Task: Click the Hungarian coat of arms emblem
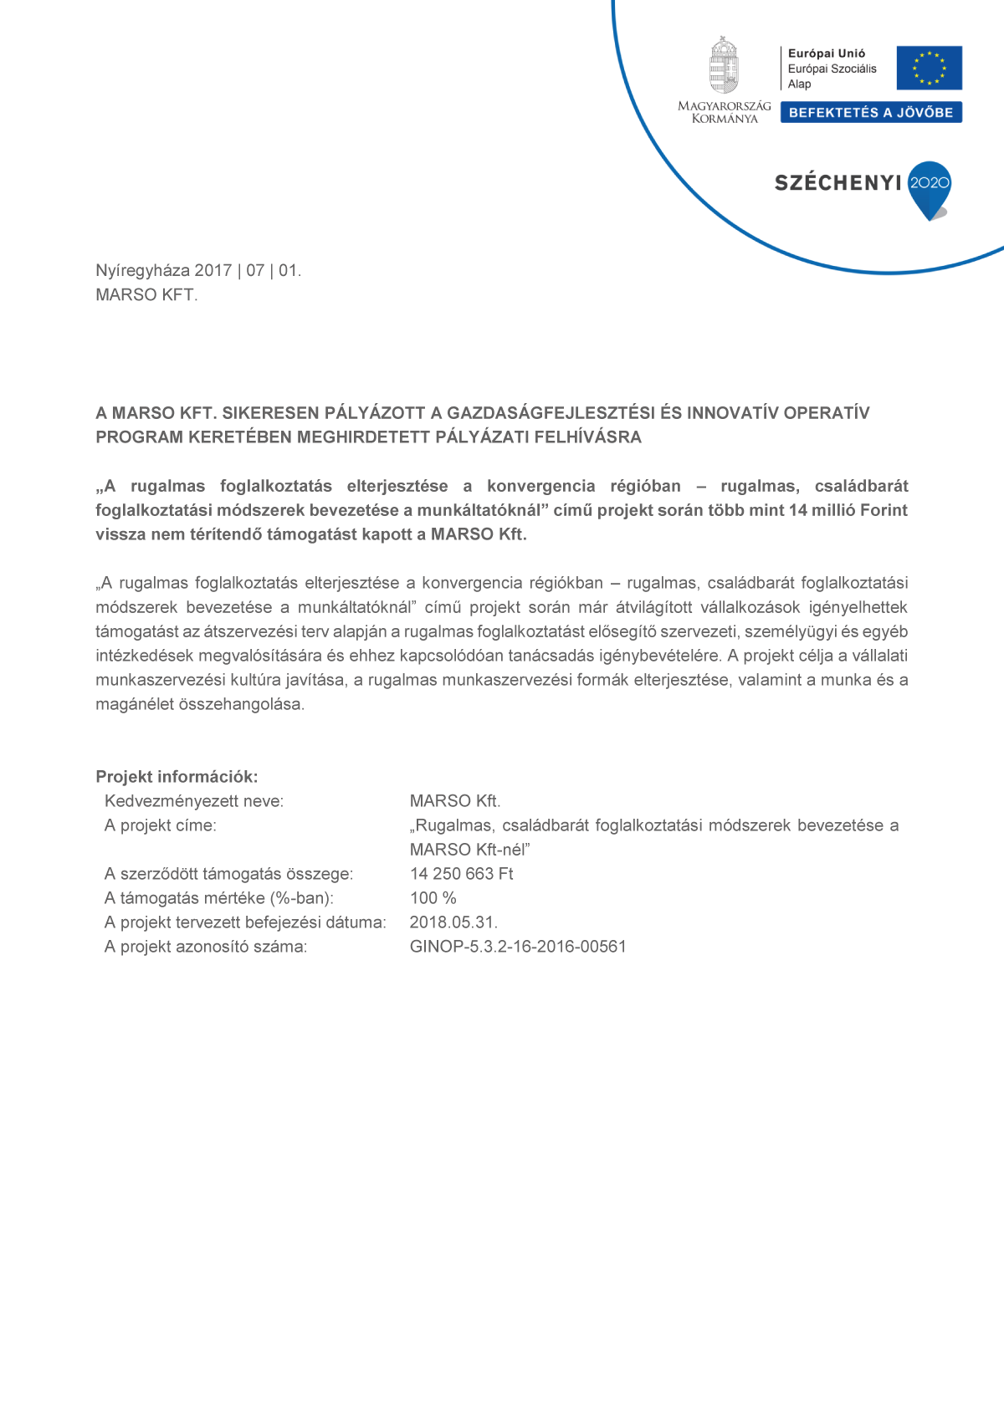(x=724, y=65)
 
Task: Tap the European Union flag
(x=929, y=68)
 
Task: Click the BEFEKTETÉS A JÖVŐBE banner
(x=871, y=113)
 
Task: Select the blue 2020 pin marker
(x=930, y=188)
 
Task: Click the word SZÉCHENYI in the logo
(x=838, y=183)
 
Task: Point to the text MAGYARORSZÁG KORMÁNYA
(x=725, y=112)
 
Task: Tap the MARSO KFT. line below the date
(x=146, y=295)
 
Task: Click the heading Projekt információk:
(x=177, y=777)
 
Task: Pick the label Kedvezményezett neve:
(x=194, y=801)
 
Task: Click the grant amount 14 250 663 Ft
(x=461, y=874)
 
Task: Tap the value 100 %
(x=433, y=898)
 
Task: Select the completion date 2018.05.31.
(x=453, y=922)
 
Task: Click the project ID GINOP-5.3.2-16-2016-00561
(x=518, y=947)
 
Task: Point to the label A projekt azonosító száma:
(x=206, y=947)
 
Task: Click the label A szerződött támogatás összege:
(x=228, y=874)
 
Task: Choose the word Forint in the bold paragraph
(x=884, y=510)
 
